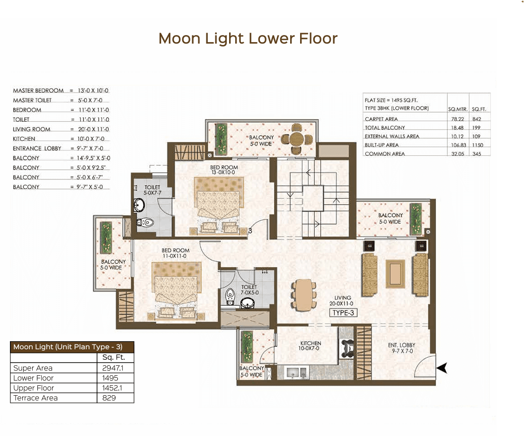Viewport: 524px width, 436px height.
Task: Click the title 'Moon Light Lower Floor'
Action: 248,38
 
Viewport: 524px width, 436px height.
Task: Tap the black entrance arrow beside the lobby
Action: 442,368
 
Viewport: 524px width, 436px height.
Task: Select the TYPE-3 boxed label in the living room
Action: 343,313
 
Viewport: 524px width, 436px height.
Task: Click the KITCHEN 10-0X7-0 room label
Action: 311,345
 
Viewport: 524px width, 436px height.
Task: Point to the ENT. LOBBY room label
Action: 402,348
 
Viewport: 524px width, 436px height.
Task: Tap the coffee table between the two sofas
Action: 395,274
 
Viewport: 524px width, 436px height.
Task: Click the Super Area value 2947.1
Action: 113,368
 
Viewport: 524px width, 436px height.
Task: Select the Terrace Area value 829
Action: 109,398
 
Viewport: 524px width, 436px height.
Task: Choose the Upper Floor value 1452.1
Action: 112,388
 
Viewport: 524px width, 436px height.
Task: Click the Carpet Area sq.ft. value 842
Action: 477,119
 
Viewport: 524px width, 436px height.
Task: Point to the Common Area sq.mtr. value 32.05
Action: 458,154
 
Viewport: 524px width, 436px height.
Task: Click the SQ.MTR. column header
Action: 458,109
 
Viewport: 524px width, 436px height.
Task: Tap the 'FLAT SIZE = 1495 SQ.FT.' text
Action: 391,100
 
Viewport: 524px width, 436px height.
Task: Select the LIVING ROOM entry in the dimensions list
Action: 31,129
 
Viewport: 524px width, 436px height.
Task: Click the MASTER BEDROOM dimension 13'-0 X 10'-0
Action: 93,91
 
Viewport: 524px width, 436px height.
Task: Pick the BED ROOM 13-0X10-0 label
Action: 224,170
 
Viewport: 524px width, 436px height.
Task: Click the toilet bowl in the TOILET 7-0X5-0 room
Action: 230,296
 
